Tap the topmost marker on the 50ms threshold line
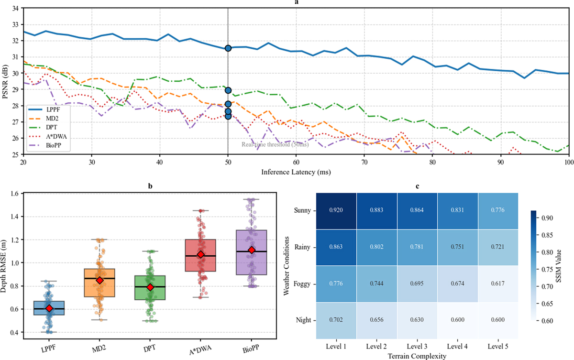(228, 48)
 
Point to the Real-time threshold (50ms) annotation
(275, 144)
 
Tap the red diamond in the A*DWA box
(201, 255)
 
